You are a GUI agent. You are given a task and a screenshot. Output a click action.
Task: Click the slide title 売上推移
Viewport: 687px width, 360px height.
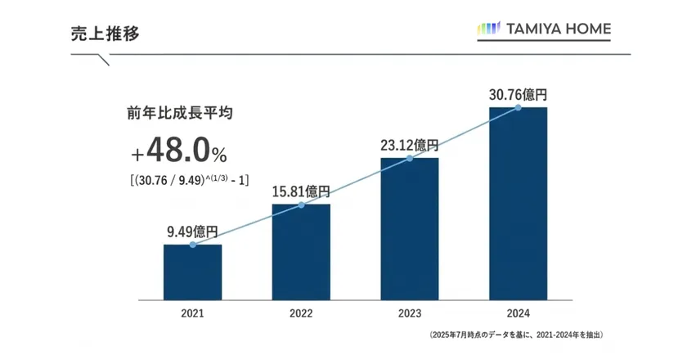[104, 34]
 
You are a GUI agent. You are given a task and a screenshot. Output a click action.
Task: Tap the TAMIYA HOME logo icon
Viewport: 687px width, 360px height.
[488, 29]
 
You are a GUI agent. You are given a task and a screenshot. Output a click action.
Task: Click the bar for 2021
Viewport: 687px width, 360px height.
[192, 272]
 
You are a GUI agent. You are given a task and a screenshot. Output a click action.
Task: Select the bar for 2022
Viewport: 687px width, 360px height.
[301, 252]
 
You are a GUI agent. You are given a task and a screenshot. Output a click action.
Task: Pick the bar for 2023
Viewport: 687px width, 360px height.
[410, 229]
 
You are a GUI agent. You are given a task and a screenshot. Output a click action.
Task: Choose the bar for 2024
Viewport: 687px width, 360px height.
[518, 204]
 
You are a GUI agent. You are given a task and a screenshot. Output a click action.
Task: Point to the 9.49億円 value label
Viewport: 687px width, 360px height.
[192, 231]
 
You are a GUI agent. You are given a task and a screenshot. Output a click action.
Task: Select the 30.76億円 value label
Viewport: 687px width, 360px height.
[518, 94]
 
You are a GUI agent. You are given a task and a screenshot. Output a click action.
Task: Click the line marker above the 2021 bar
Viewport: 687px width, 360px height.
[192, 245]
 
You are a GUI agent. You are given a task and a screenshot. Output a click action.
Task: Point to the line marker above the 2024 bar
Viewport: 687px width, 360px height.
[518, 107]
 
